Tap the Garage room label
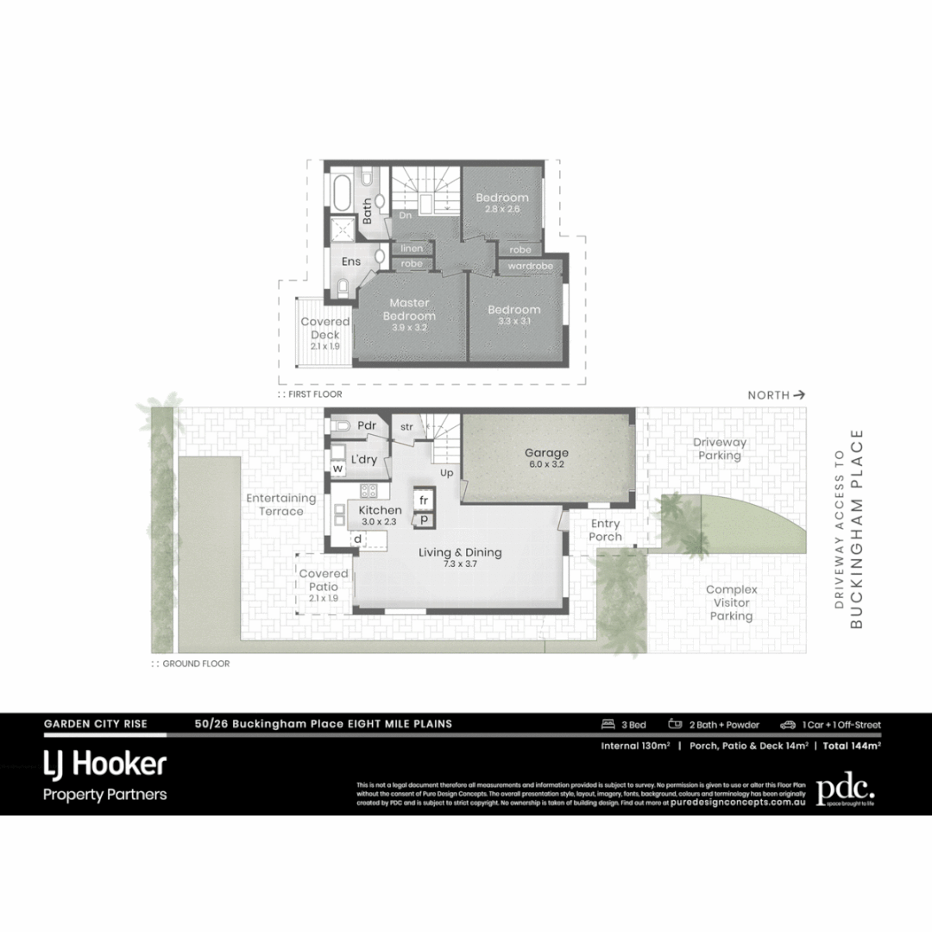click(547, 453)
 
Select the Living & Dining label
click(460, 553)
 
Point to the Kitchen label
click(380, 511)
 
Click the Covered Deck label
click(324, 328)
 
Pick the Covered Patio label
click(324, 580)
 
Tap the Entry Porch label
click(605, 530)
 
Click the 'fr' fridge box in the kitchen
click(424, 501)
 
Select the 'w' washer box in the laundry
click(338, 468)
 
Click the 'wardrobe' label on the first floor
click(530, 266)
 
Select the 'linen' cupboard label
click(412, 249)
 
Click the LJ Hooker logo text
click(104, 764)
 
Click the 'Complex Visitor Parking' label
click(731, 602)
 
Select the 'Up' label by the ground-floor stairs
click(447, 473)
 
